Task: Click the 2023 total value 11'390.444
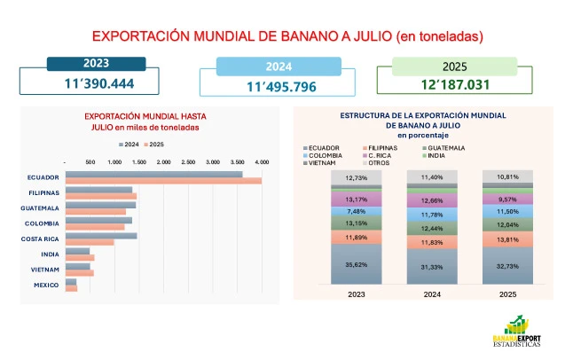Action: (x=96, y=82)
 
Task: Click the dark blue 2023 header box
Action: (x=96, y=63)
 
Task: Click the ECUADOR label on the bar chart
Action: (x=43, y=177)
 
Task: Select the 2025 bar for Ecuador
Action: (x=163, y=181)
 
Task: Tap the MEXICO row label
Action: (x=47, y=285)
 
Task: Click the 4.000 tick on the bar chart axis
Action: (x=262, y=162)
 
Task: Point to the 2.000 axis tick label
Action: (x=163, y=162)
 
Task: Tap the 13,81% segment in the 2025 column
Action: (x=506, y=240)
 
